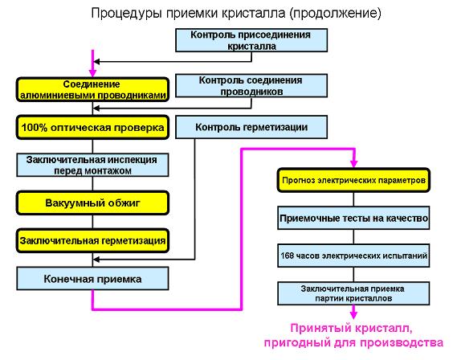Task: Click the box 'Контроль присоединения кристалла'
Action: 251,40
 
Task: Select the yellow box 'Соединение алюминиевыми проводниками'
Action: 92,89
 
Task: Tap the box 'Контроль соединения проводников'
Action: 251,86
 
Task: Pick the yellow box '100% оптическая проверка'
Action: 92,128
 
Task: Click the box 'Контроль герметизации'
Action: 251,127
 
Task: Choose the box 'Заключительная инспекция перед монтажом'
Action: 92,165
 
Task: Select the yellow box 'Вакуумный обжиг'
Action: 92,202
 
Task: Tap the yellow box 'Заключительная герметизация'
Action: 92,241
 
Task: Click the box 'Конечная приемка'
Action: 92,279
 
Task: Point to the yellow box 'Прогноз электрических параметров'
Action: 353,180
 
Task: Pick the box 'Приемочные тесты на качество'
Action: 353,218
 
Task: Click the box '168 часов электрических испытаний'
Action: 353,256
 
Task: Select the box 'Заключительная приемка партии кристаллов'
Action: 353,293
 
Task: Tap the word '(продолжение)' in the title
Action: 336,13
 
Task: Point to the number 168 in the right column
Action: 287,256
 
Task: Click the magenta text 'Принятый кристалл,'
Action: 351,328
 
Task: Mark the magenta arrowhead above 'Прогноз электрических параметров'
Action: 353,164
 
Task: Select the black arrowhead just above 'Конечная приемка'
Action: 96,260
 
